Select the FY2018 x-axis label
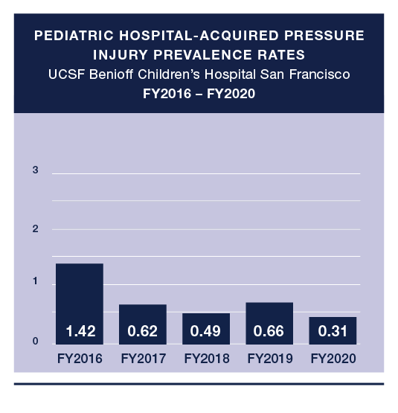pos(206,359)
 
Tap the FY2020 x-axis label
pos(333,359)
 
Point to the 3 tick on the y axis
pos(35,171)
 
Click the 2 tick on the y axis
pos(35,229)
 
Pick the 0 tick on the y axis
pos(35,342)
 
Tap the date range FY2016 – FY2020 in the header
pos(199,94)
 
